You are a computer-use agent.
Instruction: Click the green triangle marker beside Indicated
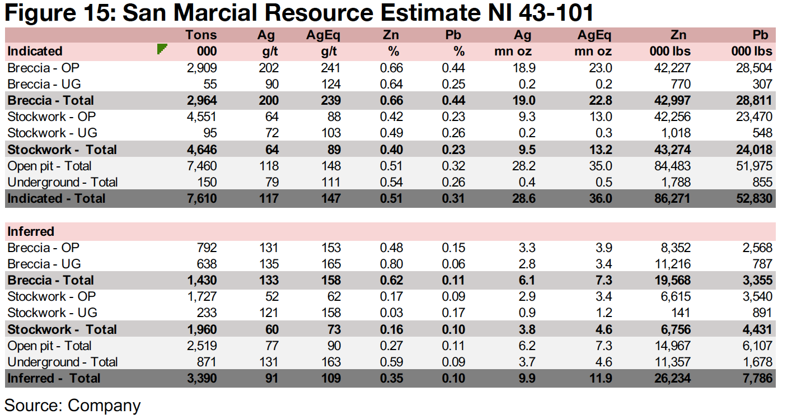(x=162, y=49)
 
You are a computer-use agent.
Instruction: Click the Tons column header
(x=201, y=35)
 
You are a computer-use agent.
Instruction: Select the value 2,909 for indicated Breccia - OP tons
(x=202, y=68)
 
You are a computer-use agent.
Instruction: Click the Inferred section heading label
(x=31, y=231)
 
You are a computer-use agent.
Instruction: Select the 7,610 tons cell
(x=202, y=198)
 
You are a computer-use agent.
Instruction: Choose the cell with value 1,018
(x=674, y=133)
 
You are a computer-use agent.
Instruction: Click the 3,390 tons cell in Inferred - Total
(x=202, y=378)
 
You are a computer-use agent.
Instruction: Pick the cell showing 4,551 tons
(x=202, y=117)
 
